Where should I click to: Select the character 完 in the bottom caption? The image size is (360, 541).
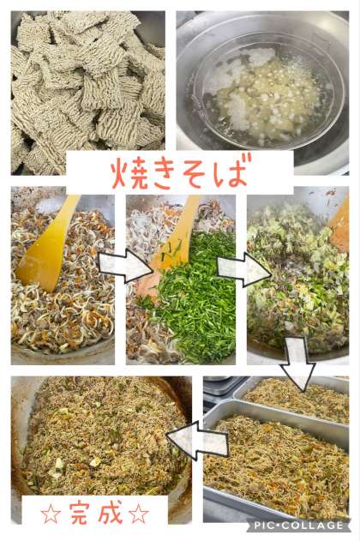tap(80, 513)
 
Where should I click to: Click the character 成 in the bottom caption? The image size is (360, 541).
tap(111, 512)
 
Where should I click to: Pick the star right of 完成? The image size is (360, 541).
tap(139, 514)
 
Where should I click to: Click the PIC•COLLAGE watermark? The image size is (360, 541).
tap(299, 526)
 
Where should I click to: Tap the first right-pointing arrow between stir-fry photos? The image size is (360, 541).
tap(125, 266)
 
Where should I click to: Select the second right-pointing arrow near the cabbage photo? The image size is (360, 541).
tap(244, 268)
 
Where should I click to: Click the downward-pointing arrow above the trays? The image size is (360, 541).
tap(297, 364)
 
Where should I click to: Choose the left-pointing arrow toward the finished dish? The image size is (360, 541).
tap(197, 440)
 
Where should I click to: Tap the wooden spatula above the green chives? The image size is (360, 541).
tap(171, 242)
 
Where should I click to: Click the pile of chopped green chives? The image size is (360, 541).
tap(193, 297)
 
